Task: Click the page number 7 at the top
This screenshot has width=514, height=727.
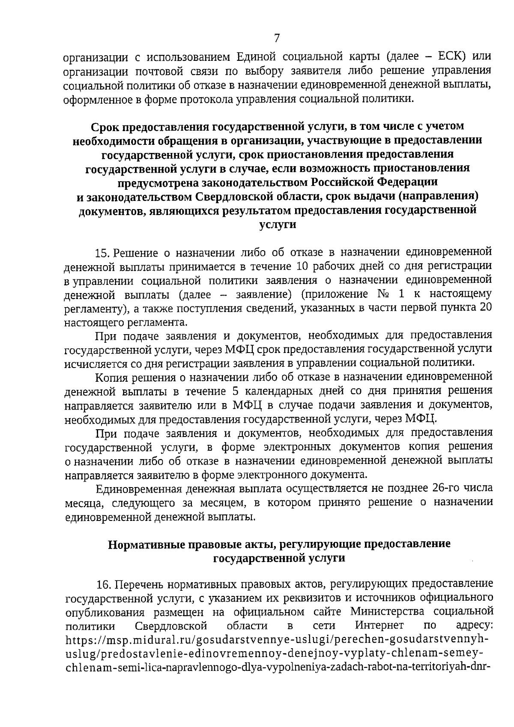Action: (277, 39)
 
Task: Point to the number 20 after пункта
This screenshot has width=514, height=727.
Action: (485, 308)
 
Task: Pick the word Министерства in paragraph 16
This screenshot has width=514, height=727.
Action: (389, 611)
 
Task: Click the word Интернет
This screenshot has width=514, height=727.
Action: (380, 625)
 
